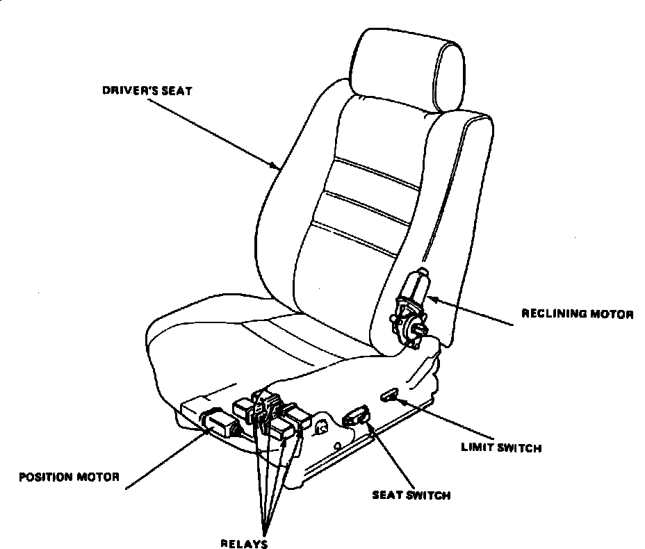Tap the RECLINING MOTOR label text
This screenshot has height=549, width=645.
[577, 315]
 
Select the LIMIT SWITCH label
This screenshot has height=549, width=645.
[500, 448]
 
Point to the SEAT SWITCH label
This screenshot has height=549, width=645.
[411, 495]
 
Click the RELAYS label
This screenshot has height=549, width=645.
[245, 543]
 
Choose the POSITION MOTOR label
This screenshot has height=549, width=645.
[70, 477]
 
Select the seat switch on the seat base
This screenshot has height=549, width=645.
[356, 416]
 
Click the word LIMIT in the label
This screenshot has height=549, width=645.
[475, 448]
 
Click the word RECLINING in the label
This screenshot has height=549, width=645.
[550, 315]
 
